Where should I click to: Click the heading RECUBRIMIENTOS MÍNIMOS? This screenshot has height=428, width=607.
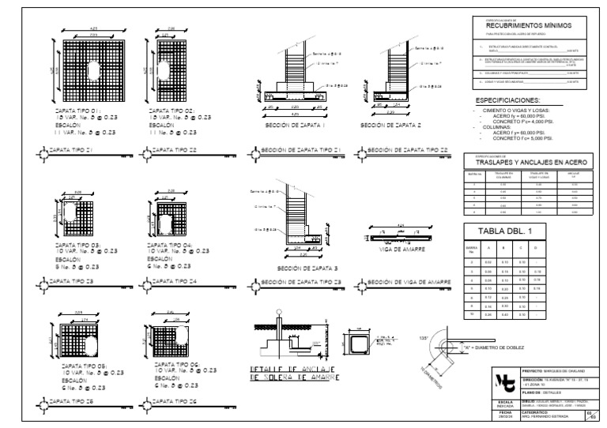(x=524, y=25)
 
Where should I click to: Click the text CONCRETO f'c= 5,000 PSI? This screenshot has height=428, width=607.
(x=522, y=138)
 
